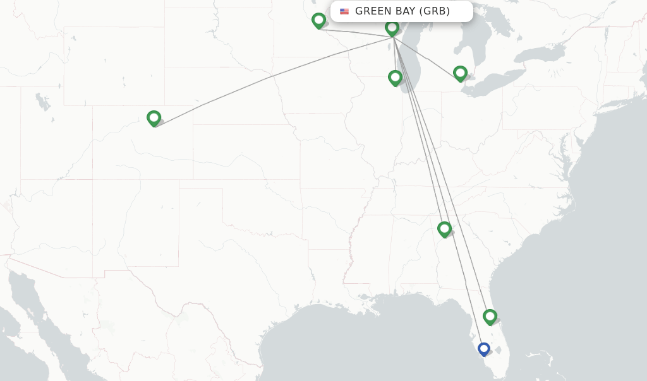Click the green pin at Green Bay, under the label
pyautogui.click(x=392, y=28)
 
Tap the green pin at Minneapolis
pyautogui.click(x=318, y=20)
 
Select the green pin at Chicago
pyautogui.click(x=395, y=78)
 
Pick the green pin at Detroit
pyautogui.click(x=460, y=73)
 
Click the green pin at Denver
pyautogui.click(x=154, y=118)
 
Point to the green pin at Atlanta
pyautogui.click(x=444, y=228)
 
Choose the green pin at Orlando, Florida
pyautogui.click(x=490, y=316)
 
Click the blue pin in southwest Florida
pyautogui.click(x=484, y=348)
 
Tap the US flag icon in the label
pyautogui.click(x=344, y=11)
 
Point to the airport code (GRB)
pyautogui.click(x=435, y=11)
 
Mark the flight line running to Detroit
pyautogui.click(x=426, y=57)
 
